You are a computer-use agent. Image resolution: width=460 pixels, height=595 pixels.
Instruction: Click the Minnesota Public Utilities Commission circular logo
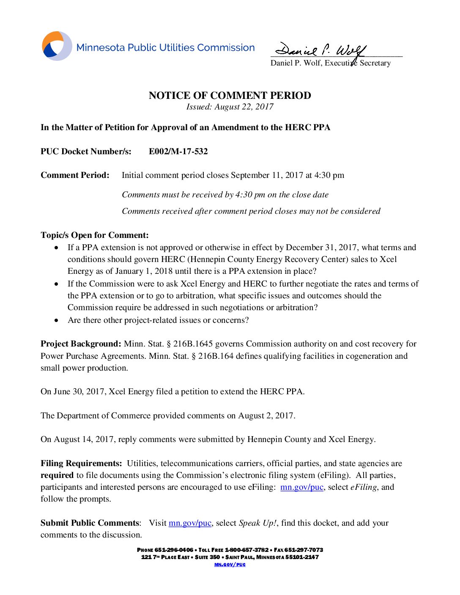(x=57, y=46)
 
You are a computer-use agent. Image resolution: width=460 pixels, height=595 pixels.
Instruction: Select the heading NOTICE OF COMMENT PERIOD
(x=230, y=96)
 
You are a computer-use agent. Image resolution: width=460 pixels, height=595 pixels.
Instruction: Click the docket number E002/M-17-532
(x=178, y=152)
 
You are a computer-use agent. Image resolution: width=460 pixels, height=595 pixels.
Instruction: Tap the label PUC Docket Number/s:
(x=86, y=152)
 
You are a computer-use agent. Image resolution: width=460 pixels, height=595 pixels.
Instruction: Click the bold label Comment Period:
(x=75, y=175)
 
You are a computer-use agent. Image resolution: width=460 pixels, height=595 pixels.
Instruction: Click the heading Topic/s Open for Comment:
(x=95, y=235)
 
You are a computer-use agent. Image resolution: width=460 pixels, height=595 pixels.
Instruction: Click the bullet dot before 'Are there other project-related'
(x=56, y=320)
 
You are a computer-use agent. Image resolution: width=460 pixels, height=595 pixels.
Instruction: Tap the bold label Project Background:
(x=81, y=344)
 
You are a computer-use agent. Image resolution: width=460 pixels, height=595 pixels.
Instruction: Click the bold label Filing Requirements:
(x=81, y=464)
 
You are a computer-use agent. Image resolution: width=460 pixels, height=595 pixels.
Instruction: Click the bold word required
(x=57, y=475)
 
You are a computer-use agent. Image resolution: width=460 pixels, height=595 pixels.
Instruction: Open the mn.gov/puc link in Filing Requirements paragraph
(x=301, y=487)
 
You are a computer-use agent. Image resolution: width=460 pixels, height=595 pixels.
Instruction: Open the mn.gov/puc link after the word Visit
(x=190, y=523)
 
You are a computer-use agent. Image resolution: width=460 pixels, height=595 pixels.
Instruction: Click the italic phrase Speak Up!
(x=258, y=523)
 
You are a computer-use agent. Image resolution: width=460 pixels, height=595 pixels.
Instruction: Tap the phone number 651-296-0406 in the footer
(x=174, y=550)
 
